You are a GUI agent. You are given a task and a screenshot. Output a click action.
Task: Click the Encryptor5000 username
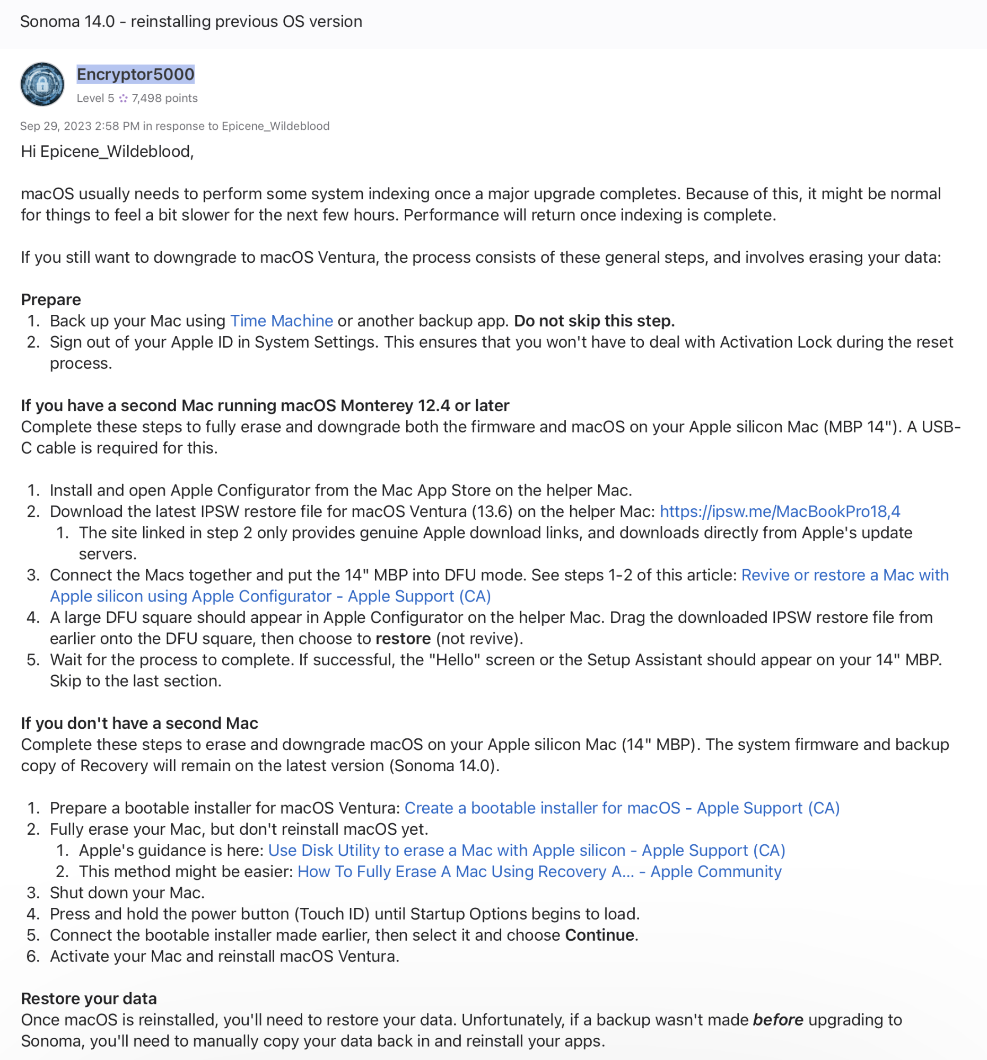[x=136, y=74]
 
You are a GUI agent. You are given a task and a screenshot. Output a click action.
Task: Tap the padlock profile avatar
[x=42, y=84]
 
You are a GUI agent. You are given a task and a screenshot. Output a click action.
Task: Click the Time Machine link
[x=281, y=321]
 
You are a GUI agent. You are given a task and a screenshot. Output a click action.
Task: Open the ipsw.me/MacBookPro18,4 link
[x=780, y=511]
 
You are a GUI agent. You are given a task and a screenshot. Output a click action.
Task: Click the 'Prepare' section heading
[x=51, y=299]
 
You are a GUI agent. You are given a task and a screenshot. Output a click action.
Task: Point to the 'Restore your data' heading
[x=89, y=998]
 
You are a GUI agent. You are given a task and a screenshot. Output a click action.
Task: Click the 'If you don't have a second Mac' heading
[x=139, y=723]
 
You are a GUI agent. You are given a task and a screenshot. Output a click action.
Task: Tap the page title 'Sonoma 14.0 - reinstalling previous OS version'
[x=191, y=22]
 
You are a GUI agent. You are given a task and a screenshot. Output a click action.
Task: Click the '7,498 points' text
[x=164, y=98]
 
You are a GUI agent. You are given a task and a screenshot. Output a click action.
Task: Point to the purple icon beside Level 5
[x=123, y=98]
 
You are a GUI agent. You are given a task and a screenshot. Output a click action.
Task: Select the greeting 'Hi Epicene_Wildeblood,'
[x=107, y=152]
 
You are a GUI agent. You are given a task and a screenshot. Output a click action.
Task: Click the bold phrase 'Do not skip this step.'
[x=594, y=321]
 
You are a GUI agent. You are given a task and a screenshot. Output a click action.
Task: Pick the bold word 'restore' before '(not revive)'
[x=403, y=638]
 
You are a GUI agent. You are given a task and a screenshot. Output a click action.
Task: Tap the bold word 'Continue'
[x=599, y=935]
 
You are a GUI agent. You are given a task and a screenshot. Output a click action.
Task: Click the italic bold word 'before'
[x=778, y=1020]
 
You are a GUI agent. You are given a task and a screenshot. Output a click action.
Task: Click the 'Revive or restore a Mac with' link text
[x=844, y=575]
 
